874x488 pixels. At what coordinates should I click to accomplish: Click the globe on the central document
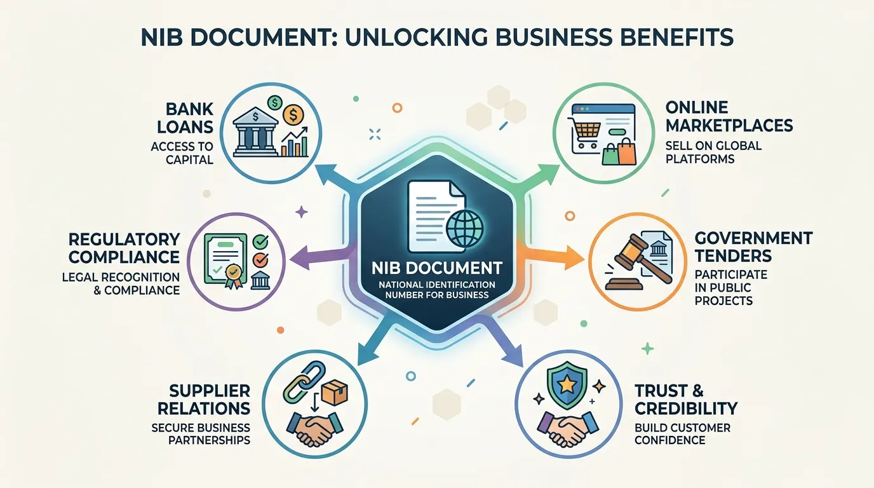[464, 229]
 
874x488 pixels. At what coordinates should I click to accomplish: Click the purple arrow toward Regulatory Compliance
[323, 257]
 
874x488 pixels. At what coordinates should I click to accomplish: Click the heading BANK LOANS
[190, 118]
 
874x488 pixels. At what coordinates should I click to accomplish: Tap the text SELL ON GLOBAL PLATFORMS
[713, 152]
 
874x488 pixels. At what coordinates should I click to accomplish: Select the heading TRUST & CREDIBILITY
[686, 400]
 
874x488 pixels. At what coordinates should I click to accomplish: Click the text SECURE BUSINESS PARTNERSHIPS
[201, 434]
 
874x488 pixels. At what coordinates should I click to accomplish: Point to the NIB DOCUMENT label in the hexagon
[436, 268]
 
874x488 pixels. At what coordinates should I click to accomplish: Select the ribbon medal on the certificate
[233, 276]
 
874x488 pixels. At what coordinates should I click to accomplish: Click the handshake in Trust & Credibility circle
[568, 429]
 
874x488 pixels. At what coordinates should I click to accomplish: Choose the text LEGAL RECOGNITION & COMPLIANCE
[121, 284]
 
